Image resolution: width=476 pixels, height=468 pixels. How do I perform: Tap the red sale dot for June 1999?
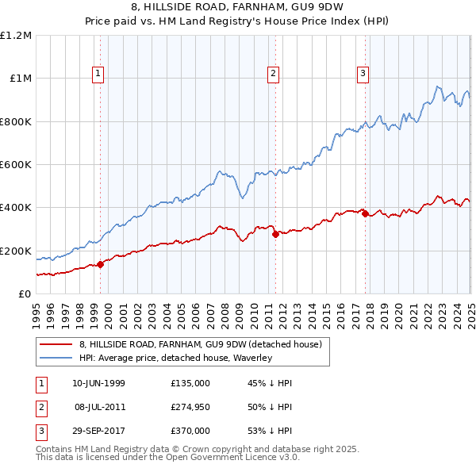[101, 265]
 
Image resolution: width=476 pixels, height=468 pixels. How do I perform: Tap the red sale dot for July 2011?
[275, 235]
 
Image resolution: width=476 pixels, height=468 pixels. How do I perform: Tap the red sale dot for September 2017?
[366, 214]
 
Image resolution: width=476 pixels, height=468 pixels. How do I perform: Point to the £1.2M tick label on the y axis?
[16, 36]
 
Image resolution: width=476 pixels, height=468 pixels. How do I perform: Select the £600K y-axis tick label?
[15, 165]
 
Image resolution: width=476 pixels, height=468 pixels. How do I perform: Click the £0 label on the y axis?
[25, 294]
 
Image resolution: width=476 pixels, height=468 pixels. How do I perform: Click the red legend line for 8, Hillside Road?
[56, 344]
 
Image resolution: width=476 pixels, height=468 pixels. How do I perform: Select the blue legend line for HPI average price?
[56, 358]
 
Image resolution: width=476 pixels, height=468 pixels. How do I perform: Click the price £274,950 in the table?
[190, 407]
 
